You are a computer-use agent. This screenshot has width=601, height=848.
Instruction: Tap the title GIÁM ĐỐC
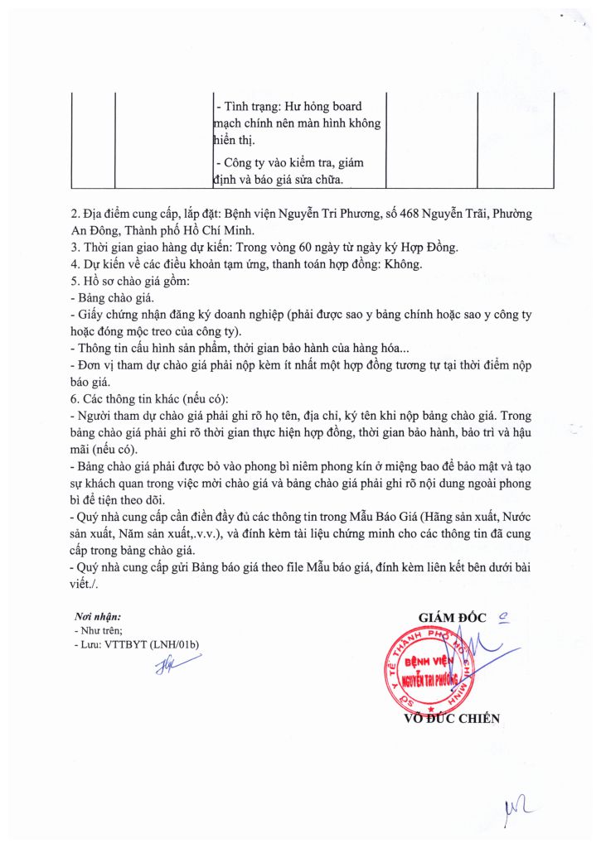[x=454, y=617]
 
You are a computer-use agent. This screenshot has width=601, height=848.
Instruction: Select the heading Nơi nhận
[x=98, y=617]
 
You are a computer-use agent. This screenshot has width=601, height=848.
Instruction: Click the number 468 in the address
[x=400, y=214]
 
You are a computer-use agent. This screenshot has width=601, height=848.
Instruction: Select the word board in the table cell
[x=345, y=107]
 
